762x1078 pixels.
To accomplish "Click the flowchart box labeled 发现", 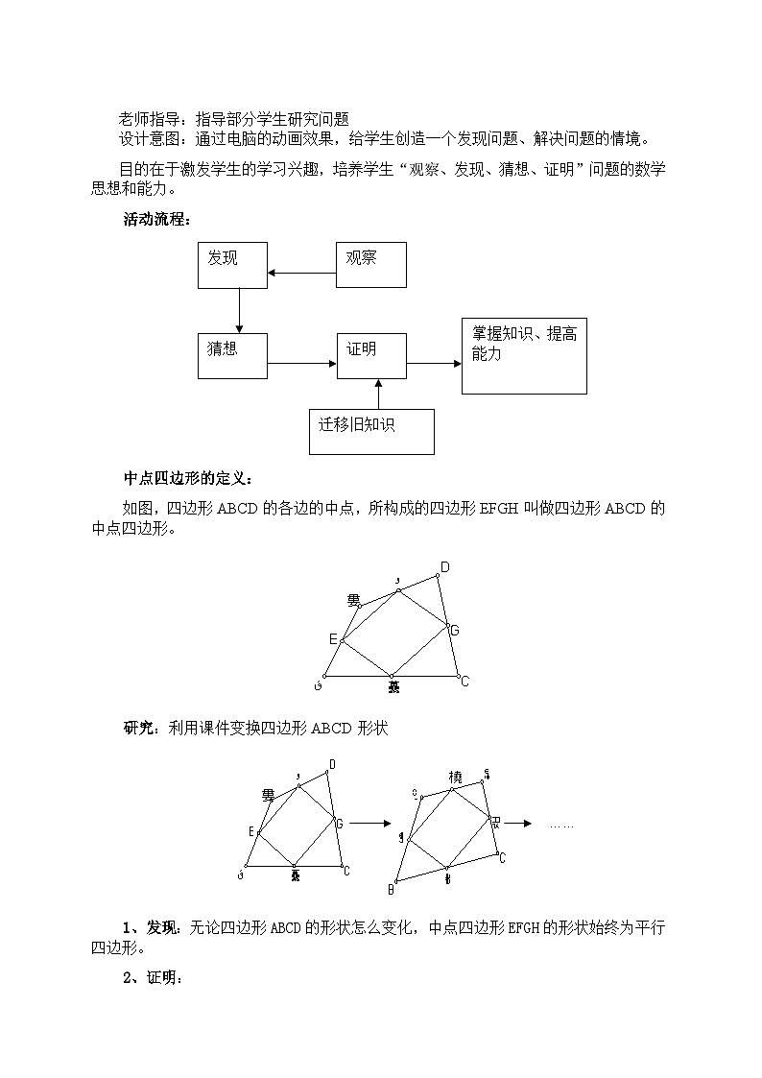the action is tap(232, 264).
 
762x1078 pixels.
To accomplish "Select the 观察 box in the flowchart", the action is tap(370, 264).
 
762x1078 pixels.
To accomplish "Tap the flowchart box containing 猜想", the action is tap(232, 355).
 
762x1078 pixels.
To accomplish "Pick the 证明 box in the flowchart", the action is tap(370, 356).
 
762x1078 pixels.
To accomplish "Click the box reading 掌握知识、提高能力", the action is tap(524, 355).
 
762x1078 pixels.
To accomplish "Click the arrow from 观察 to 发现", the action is tap(301, 274).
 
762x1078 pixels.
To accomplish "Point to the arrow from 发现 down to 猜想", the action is tap(239, 310).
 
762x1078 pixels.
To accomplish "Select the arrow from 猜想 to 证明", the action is tap(301, 364).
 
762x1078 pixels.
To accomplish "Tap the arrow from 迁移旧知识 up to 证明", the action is tap(378, 394).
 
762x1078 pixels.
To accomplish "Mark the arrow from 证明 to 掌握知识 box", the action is tap(434, 364).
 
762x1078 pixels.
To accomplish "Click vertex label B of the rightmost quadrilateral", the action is tap(392, 887).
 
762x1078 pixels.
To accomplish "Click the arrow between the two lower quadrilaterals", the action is tap(369, 824).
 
